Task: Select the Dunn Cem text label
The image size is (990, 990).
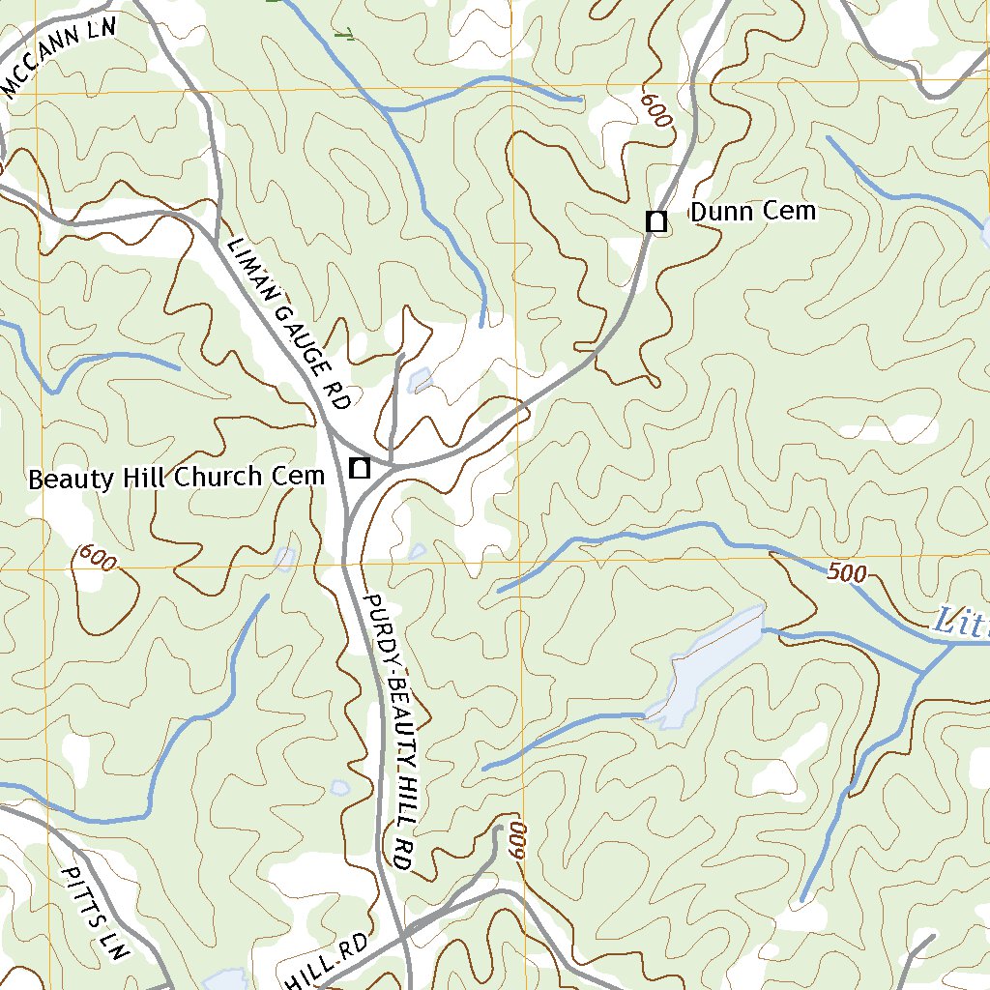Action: click(752, 212)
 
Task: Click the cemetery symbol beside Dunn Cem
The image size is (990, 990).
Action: click(656, 221)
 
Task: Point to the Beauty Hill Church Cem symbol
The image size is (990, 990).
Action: click(360, 470)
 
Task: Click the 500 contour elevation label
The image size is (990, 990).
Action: click(847, 572)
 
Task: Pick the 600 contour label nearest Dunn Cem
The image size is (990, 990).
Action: click(655, 109)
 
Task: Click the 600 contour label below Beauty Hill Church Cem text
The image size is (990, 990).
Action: click(97, 559)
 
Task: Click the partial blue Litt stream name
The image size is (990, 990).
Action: click(962, 623)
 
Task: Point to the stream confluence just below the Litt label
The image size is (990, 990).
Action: click(923, 671)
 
